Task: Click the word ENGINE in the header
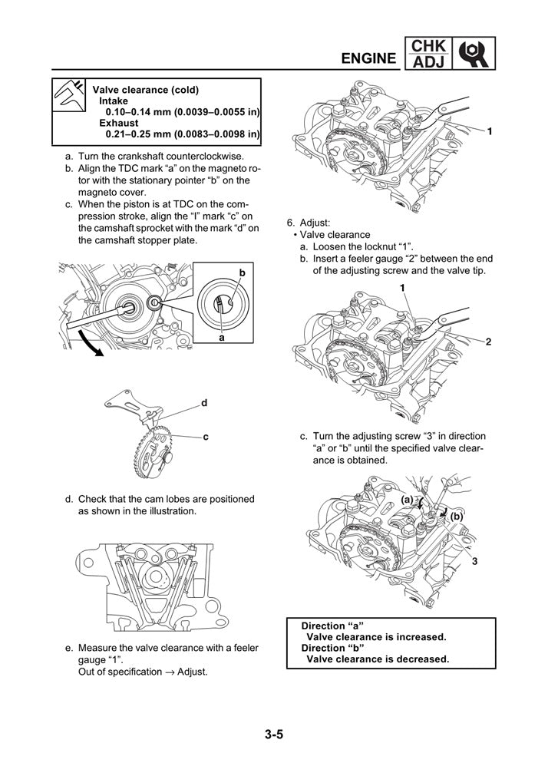point(368,58)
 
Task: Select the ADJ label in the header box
point(428,61)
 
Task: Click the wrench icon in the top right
point(475,53)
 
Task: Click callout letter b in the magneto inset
point(242,272)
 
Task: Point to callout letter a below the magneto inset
point(222,337)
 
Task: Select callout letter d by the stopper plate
point(205,401)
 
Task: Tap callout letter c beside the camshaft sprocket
point(206,436)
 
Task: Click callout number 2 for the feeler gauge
point(488,341)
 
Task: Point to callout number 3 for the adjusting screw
point(475,561)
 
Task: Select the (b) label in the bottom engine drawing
point(457,517)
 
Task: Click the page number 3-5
point(275,735)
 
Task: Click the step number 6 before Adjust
point(289,222)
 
